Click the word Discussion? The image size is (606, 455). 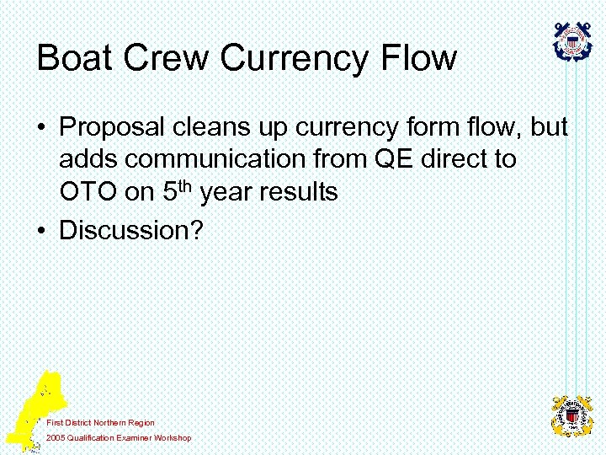pos(131,230)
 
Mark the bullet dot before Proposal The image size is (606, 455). pos(40,129)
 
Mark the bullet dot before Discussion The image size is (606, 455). pos(40,230)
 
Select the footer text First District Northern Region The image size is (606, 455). pos(100,422)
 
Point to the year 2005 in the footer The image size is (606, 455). pos(56,437)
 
